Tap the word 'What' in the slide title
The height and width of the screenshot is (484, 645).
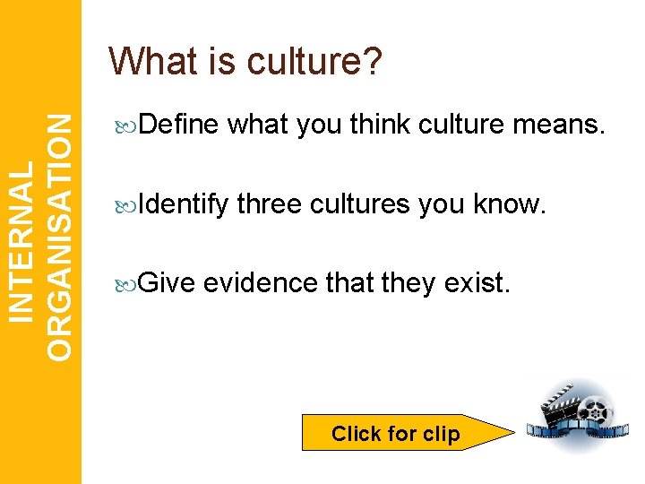148,61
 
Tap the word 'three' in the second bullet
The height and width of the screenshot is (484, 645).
270,204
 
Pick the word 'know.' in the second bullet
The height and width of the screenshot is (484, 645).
511,204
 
